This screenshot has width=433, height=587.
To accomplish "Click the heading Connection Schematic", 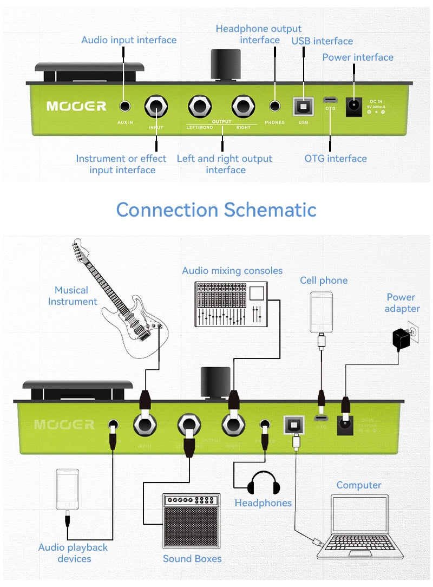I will tap(216, 210).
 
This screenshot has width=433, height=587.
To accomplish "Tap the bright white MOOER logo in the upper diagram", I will tap(76, 106).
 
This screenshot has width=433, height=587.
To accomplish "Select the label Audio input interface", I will tap(129, 40).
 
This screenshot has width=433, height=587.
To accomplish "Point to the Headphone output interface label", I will tap(259, 34).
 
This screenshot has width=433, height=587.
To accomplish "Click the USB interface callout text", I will tap(322, 41).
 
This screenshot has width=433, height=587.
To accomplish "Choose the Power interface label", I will tap(358, 57).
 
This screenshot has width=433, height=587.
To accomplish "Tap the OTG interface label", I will tap(336, 159).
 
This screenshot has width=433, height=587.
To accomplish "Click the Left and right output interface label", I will tap(225, 164).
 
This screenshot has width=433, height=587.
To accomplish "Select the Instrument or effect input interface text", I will tap(121, 164).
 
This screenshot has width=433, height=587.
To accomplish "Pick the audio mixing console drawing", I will tap(232, 304).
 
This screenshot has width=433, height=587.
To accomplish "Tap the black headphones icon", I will tap(264, 482).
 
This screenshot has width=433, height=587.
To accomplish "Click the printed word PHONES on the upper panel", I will tap(275, 123).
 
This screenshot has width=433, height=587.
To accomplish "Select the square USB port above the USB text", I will tap(303, 106).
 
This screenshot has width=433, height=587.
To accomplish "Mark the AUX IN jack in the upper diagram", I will tap(125, 107).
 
